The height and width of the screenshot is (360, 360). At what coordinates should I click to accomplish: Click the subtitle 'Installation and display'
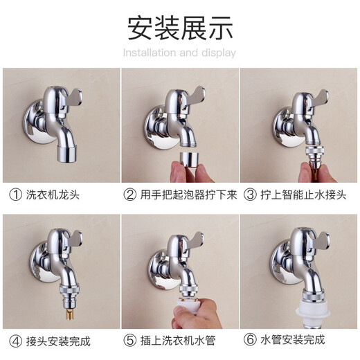pyautogui.click(x=179, y=53)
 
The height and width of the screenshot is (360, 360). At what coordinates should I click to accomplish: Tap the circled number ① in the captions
pyautogui.click(x=15, y=195)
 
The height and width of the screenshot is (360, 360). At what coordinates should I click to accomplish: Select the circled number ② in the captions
pyautogui.click(x=129, y=195)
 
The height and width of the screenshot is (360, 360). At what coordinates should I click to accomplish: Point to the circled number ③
pyautogui.click(x=249, y=195)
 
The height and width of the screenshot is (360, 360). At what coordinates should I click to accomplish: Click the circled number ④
pyautogui.click(x=15, y=341)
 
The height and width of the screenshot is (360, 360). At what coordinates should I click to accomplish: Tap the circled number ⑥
pyautogui.click(x=249, y=341)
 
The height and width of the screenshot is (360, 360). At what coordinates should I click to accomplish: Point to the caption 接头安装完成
pyautogui.click(x=59, y=341)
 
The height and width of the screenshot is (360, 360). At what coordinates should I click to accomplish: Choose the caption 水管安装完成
pyautogui.click(x=294, y=341)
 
